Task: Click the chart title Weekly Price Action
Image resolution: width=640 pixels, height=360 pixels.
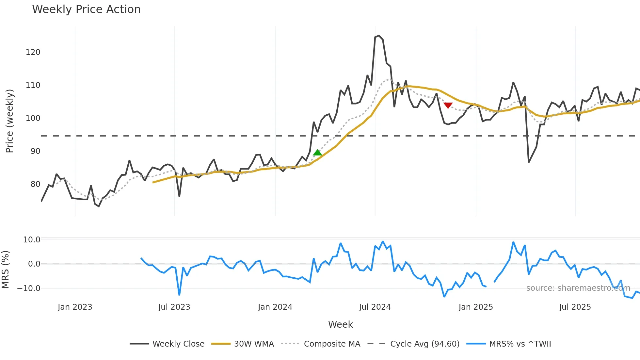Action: pyautogui.click(x=86, y=9)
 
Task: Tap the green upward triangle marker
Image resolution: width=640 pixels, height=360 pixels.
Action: pyautogui.click(x=317, y=153)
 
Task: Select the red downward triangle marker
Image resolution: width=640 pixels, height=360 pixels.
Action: pyautogui.click(x=448, y=105)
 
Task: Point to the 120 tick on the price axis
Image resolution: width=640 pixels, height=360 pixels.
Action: pyautogui.click(x=33, y=52)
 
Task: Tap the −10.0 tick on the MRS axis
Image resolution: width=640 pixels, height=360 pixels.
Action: pyautogui.click(x=29, y=288)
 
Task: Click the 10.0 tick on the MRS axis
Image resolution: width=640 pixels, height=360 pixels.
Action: pyautogui.click(x=32, y=240)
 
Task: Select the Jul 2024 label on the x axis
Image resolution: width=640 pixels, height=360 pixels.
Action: pyautogui.click(x=375, y=307)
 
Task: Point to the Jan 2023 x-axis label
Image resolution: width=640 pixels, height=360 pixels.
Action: pyautogui.click(x=75, y=307)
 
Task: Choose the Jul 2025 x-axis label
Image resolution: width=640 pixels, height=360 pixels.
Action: pyautogui.click(x=575, y=307)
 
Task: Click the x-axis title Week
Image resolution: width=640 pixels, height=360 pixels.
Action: pyautogui.click(x=340, y=324)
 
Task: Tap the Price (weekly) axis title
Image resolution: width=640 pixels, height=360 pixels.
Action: pyautogui.click(x=9, y=121)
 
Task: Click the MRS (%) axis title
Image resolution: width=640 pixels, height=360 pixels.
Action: pyautogui.click(x=5, y=270)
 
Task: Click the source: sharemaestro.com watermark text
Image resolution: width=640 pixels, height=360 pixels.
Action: pyautogui.click(x=578, y=288)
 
